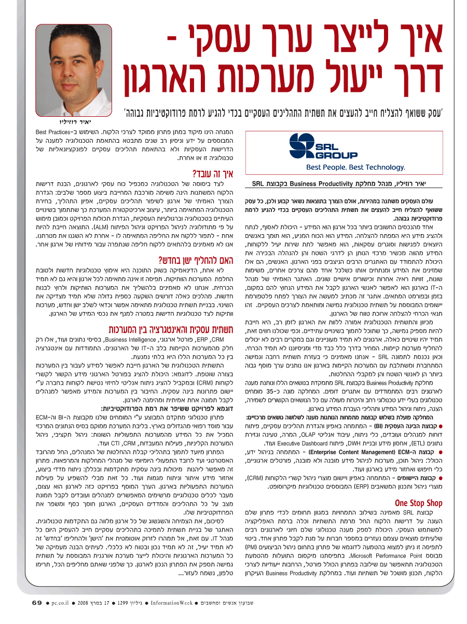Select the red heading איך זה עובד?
pyautogui.click(x=206, y=174)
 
